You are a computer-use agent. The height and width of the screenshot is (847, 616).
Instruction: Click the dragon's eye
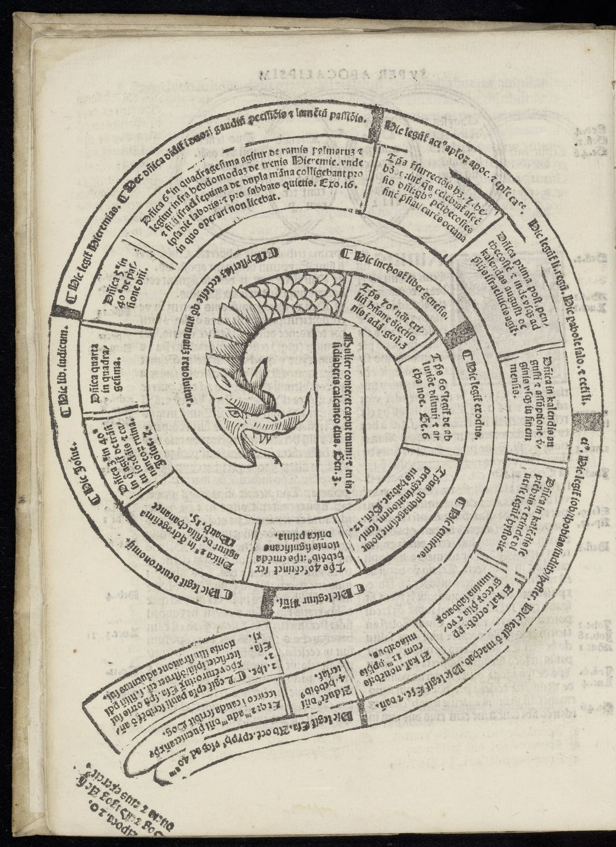[235, 412]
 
